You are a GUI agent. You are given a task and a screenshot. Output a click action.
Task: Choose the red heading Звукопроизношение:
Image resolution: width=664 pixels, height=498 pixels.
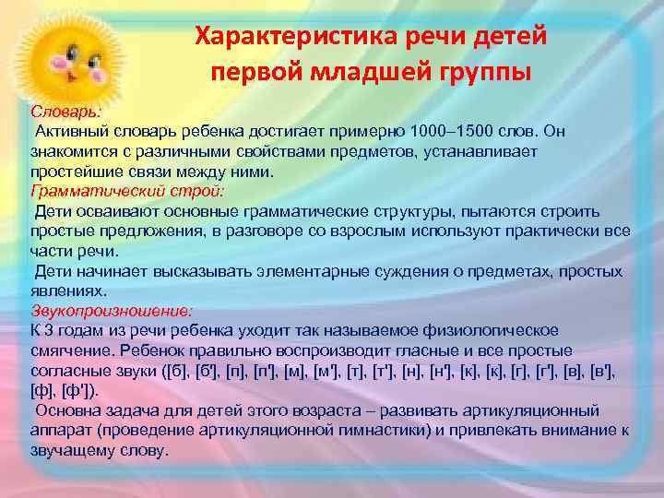(111, 309)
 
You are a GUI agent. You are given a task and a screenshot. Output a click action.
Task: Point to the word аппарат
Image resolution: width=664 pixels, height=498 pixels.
(60, 431)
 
